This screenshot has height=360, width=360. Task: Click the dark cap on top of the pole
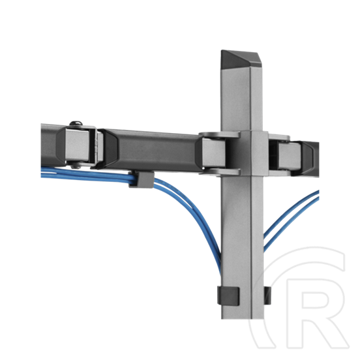pyautogui.click(x=241, y=59)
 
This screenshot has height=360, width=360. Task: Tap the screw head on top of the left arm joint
pyautogui.click(x=76, y=123)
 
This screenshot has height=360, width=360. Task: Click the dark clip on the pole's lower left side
pyautogui.click(x=228, y=295)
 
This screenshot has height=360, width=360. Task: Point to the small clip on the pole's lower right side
pyautogui.click(x=267, y=295)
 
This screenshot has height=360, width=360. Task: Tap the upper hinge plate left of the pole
pyautogui.click(x=219, y=135)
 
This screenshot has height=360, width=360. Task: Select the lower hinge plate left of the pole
pyautogui.click(x=220, y=172)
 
